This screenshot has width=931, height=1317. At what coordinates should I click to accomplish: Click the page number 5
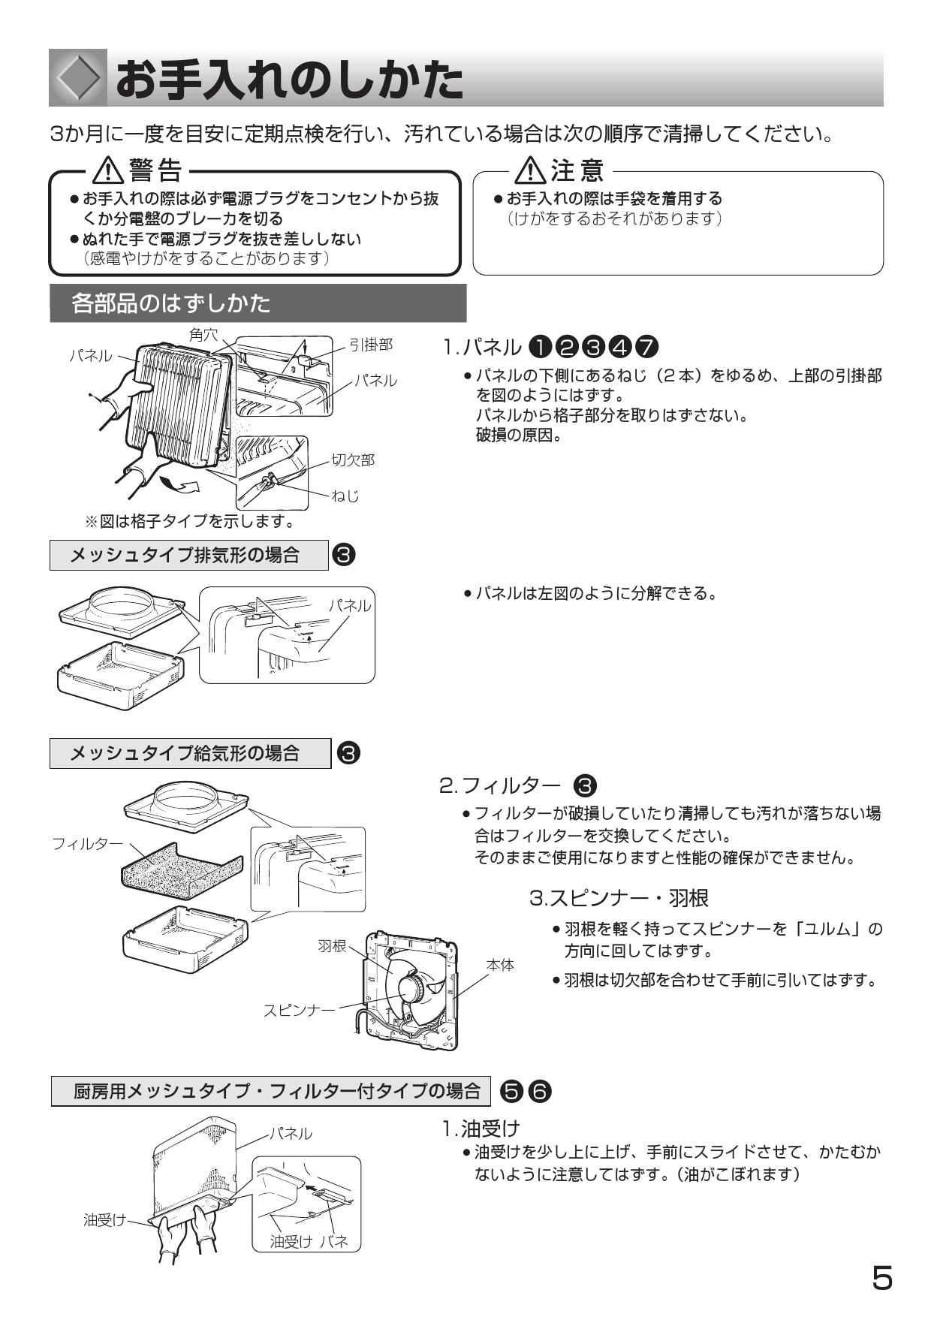coord(882,1278)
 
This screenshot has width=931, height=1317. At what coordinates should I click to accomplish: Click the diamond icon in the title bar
coord(78,78)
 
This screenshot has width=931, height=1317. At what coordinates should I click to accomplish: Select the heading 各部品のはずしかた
coord(171,303)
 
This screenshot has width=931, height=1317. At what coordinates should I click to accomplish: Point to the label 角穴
coord(203,335)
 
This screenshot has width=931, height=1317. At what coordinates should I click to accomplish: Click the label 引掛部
coord(371,345)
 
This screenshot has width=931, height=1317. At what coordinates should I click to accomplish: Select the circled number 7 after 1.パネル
coord(646,347)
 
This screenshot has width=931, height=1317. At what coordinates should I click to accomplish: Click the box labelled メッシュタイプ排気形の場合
coord(189,555)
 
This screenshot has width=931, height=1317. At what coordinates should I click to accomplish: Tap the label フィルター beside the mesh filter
coord(87,843)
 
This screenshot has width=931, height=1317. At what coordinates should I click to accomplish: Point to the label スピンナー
coord(299,1010)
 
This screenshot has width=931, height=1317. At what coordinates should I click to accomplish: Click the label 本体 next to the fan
coord(500,965)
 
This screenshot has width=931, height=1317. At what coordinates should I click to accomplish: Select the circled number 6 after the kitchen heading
coord(541,1091)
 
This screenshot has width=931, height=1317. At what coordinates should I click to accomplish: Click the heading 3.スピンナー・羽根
coord(619,897)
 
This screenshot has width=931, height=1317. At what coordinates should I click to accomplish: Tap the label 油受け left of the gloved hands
coord(105,1220)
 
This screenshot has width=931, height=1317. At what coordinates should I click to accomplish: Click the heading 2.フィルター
coord(499,786)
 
